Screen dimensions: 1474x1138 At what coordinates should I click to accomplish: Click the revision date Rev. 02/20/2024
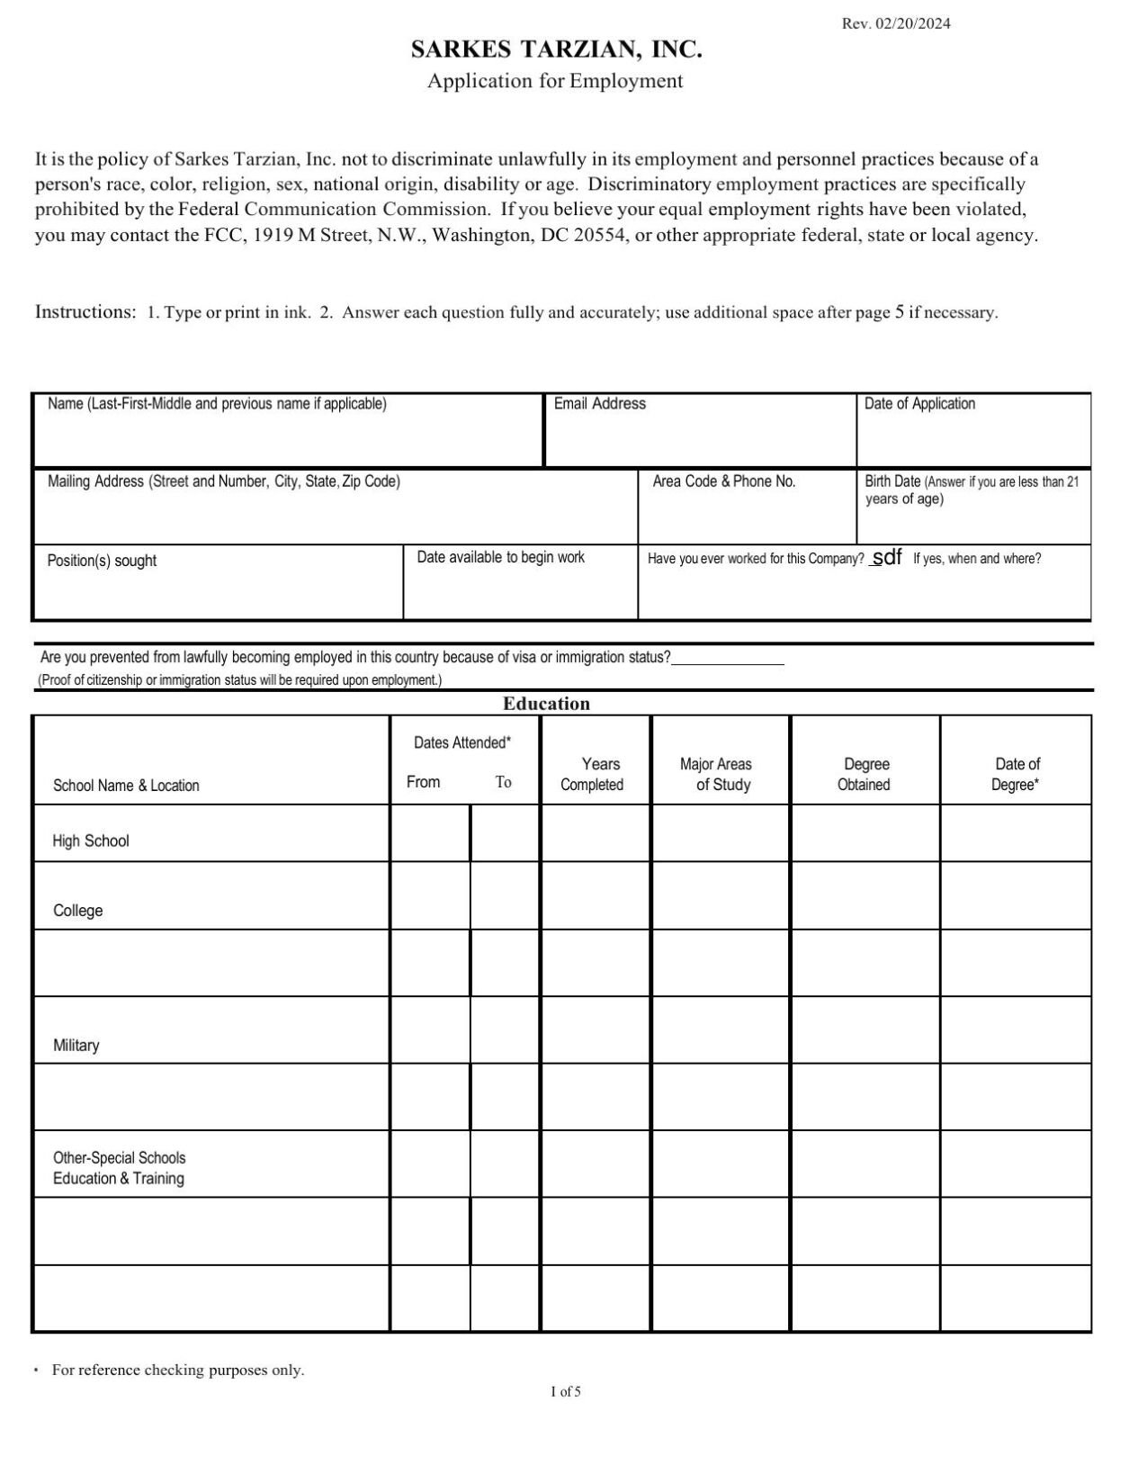(x=895, y=23)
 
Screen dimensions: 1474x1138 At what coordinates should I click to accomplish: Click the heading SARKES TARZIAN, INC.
(x=556, y=49)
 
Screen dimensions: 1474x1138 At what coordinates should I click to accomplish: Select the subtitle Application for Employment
(x=555, y=81)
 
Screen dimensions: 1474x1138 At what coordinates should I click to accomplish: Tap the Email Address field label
(x=599, y=404)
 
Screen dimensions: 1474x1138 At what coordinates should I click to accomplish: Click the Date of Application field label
(x=919, y=404)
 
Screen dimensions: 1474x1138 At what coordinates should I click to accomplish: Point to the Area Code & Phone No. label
(x=723, y=481)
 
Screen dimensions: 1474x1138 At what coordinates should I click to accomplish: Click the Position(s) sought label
(x=102, y=561)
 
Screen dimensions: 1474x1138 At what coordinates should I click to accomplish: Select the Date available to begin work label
(x=500, y=558)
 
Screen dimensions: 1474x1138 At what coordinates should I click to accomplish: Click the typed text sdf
(x=887, y=557)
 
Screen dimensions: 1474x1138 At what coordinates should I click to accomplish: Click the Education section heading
(x=546, y=704)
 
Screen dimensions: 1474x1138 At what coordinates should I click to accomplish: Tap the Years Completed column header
(x=592, y=774)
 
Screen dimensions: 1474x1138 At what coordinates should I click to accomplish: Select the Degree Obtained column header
(x=865, y=774)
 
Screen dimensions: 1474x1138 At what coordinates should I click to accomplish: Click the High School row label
(x=91, y=841)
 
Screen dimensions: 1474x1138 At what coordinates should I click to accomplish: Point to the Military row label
(x=76, y=1046)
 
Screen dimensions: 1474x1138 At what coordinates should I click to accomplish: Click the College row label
(x=78, y=911)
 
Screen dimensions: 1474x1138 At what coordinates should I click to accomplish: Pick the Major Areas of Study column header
(x=717, y=774)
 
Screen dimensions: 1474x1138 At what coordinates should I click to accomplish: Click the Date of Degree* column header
(x=1017, y=774)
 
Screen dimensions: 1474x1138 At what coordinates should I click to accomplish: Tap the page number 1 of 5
(x=566, y=1392)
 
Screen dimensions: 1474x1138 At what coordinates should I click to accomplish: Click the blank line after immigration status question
(x=728, y=660)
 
